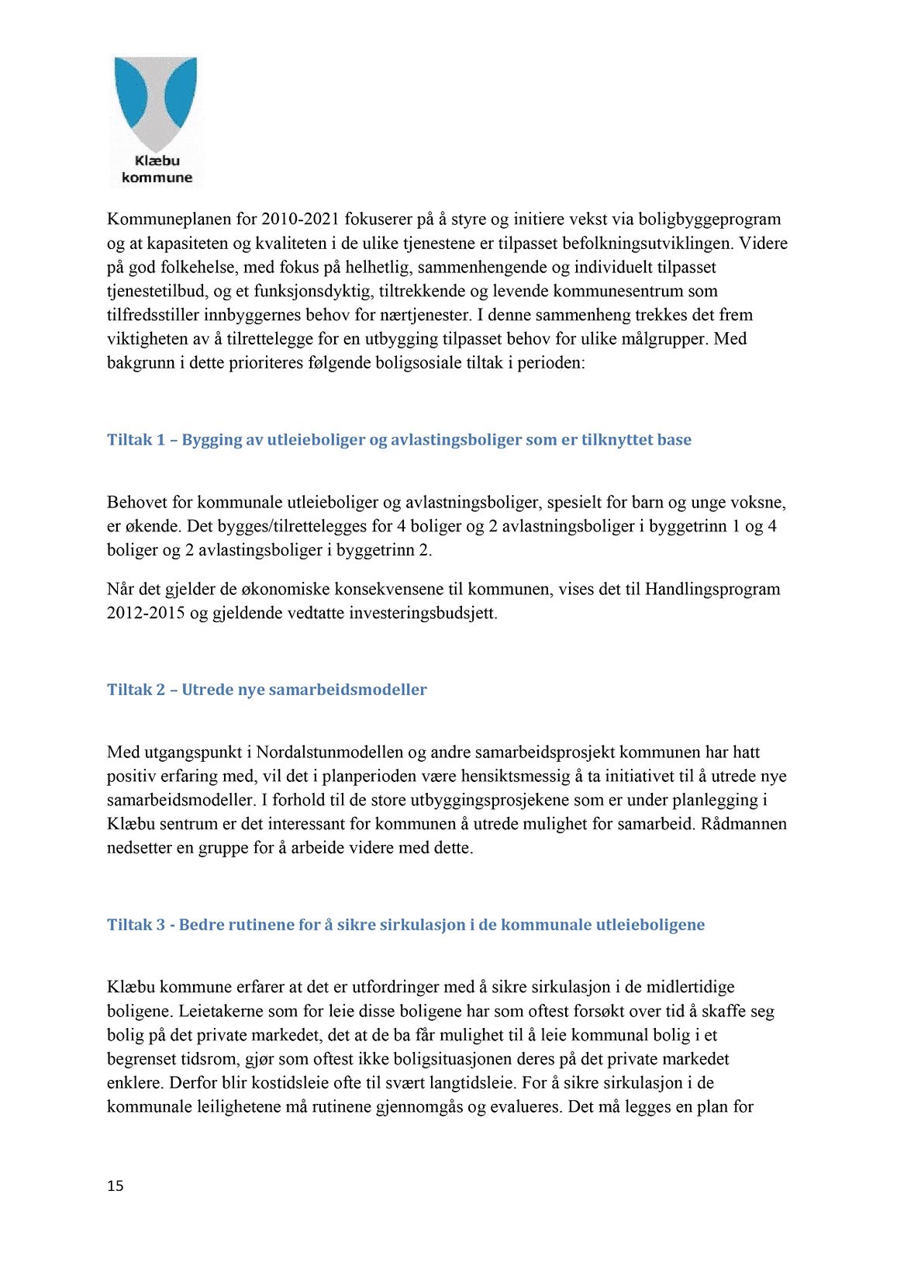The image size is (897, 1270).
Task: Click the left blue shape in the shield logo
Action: (x=133, y=93)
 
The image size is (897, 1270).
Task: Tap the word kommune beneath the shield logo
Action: (x=157, y=178)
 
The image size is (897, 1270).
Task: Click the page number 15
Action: (x=116, y=1185)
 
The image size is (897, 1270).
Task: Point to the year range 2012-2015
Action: (x=146, y=613)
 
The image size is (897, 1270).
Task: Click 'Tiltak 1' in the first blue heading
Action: (x=136, y=440)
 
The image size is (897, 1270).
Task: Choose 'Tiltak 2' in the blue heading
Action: (x=136, y=690)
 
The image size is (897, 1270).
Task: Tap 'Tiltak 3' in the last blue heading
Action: (x=136, y=925)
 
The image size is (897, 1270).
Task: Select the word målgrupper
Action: (x=665, y=339)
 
